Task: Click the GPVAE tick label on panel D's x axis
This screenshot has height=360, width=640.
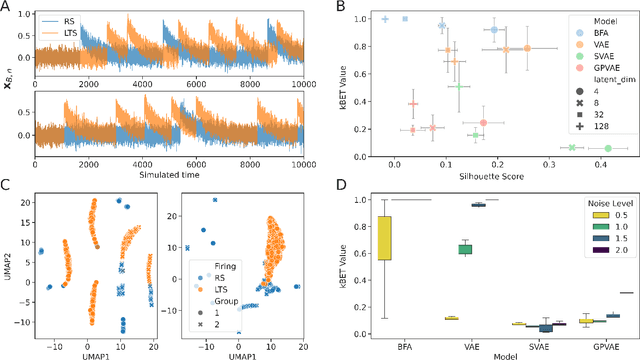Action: [598, 341]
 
